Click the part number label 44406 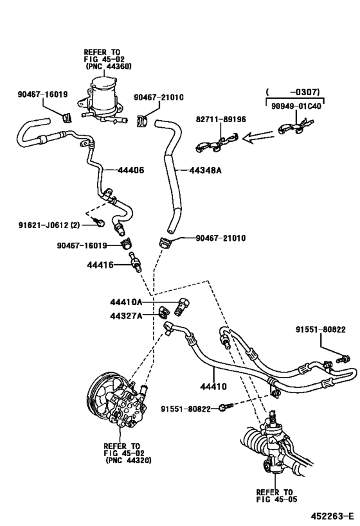[x=130, y=170]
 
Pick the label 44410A [x=125, y=302]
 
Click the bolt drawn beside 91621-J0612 [x=98, y=222]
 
